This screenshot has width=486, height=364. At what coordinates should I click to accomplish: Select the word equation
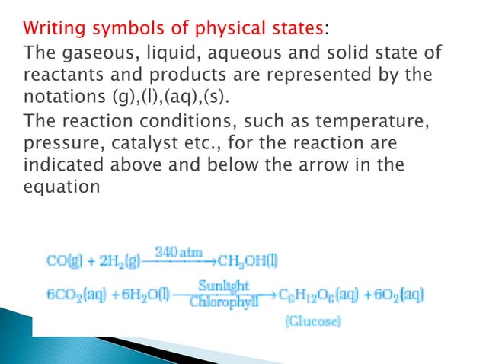pos(62,187)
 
